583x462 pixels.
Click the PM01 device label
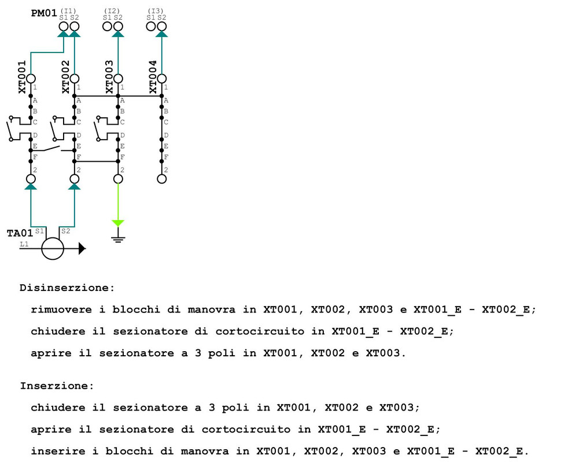click(43, 13)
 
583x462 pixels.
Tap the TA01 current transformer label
click(20, 233)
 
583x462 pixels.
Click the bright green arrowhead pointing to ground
click(118, 223)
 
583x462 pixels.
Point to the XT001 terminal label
click(22, 77)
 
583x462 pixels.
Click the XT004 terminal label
click(153, 77)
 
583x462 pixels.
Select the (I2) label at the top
click(112, 10)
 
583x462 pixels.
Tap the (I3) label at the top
click(156, 10)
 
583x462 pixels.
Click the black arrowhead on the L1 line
click(82, 249)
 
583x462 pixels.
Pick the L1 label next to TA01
click(24, 244)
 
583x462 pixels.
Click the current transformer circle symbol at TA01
click(53, 249)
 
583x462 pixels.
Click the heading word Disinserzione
click(67, 287)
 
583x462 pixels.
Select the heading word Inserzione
click(57, 385)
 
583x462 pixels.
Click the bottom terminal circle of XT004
click(161, 179)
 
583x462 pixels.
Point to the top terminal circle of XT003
click(118, 79)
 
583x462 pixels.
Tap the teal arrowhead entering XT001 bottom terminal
click(31, 187)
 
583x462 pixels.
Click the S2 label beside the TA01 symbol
click(65, 231)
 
